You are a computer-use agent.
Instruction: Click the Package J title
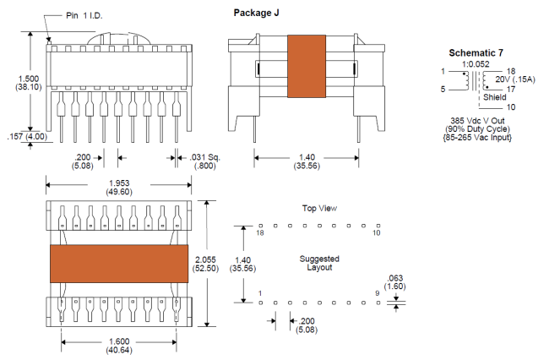coord(256,13)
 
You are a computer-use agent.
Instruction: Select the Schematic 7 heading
coord(476,53)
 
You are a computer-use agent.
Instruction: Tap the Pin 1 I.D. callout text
coord(84,15)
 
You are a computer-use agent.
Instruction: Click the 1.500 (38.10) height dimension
coord(29,83)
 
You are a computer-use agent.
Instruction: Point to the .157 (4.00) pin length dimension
coord(27,137)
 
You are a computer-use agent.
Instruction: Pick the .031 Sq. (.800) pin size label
coord(205,161)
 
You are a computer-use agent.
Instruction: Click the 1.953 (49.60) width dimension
coord(119,188)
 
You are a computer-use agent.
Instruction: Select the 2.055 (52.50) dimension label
coord(205,264)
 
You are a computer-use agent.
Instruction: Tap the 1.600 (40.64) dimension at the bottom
coord(119,346)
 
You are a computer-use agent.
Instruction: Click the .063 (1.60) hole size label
coord(395,282)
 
